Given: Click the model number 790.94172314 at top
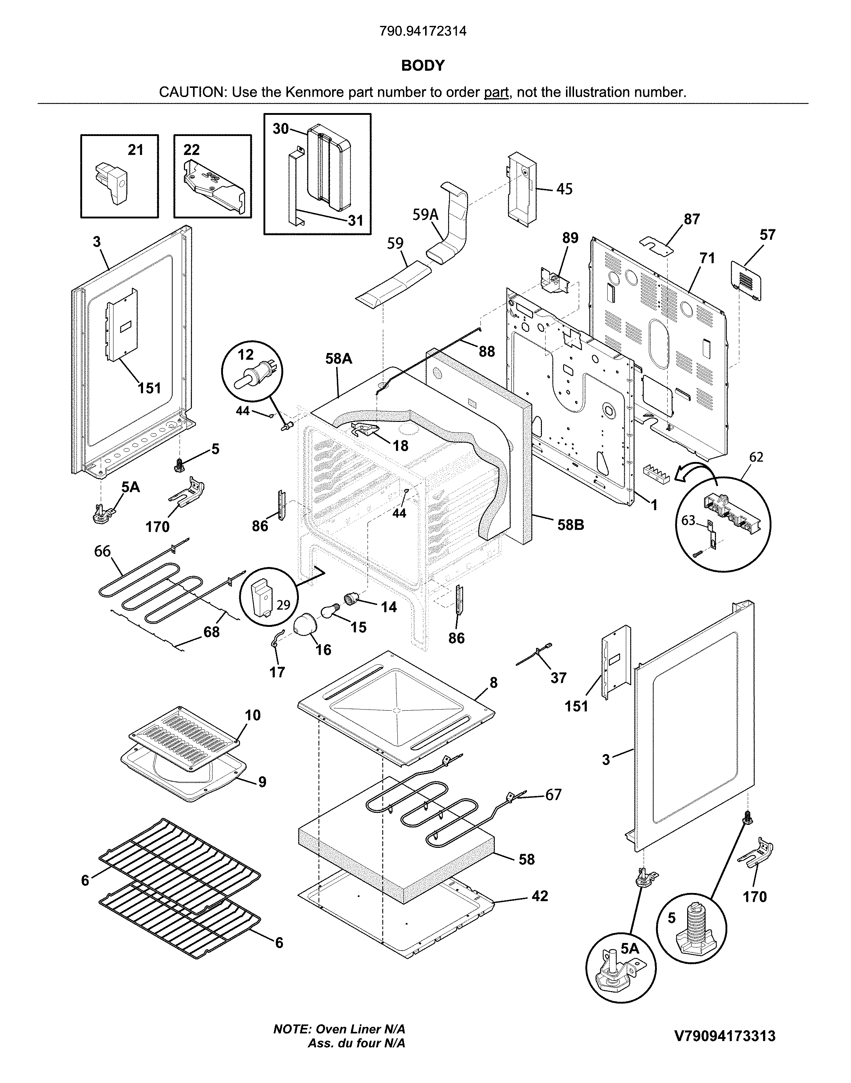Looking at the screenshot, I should point(423,31).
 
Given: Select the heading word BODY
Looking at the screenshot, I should point(423,66).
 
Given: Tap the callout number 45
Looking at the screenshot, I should point(564,189).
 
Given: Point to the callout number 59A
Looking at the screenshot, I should point(425,215).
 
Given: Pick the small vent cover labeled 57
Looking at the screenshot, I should point(746,282).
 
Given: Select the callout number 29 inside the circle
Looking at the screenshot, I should point(283,605).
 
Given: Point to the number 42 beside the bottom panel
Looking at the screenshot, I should point(540,896).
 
